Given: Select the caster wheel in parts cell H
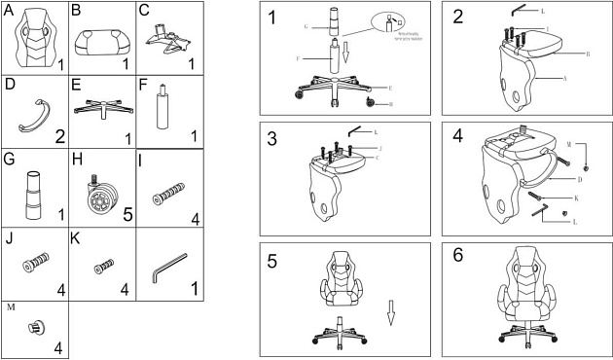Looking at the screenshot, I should [99, 191].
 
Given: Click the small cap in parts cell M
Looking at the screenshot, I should [35, 329].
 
